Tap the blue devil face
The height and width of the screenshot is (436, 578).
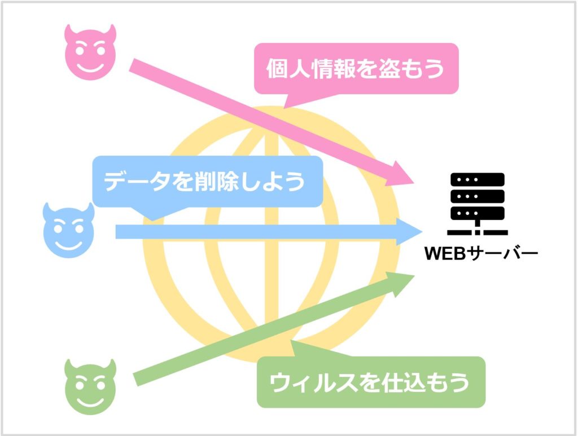coord(68,230)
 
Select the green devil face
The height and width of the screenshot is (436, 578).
coord(90,387)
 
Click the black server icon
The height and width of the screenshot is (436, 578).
coord(478,204)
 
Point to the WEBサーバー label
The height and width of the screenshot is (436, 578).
coord(481,253)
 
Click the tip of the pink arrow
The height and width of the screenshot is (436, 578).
coord(414,183)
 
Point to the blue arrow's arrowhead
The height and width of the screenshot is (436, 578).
coord(409,232)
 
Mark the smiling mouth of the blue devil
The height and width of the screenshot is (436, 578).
coord(68,245)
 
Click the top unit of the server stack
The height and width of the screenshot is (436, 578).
coord(478,180)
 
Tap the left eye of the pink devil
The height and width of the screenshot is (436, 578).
coord(80,50)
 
